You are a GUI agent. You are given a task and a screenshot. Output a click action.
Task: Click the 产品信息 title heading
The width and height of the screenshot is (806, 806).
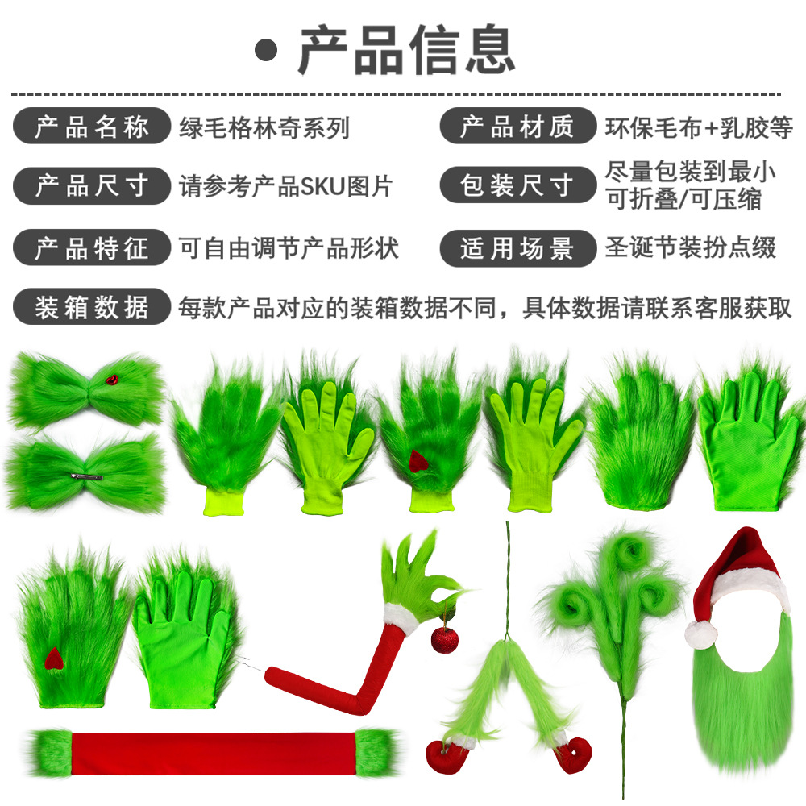(x=406, y=50)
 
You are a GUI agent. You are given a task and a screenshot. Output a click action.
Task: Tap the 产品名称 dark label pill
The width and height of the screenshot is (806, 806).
(x=92, y=126)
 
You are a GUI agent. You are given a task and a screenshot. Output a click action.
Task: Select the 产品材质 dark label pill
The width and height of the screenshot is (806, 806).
(x=517, y=126)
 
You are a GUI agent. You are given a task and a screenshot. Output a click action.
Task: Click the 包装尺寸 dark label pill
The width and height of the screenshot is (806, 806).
(x=517, y=185)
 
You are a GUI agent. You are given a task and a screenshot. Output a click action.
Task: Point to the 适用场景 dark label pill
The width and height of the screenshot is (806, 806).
(x=517, y=248)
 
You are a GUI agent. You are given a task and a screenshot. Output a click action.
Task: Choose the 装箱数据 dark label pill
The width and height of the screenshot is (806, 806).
(x=92, y=307)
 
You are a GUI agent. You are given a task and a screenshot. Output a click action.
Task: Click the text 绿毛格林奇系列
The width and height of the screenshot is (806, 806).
(x=264, y=127)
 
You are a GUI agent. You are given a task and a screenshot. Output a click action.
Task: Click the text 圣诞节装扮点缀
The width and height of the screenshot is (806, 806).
(x=691, y=247)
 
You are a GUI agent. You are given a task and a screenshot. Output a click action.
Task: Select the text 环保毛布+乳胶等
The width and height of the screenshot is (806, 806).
(x=699, y=127)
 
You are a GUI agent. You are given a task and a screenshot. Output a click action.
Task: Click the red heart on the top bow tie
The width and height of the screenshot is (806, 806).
(x=112, y=380)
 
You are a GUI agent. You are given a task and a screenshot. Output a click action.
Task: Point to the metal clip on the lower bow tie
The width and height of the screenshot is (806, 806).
(x=87, y=477)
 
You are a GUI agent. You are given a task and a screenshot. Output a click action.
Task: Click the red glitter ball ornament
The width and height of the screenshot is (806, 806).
(x=445, y=639)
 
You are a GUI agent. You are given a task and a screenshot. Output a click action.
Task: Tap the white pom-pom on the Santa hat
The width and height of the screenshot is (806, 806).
(x=700, y=634)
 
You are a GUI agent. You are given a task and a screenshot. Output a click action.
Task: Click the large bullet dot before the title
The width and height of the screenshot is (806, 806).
(x=266, y=50)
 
